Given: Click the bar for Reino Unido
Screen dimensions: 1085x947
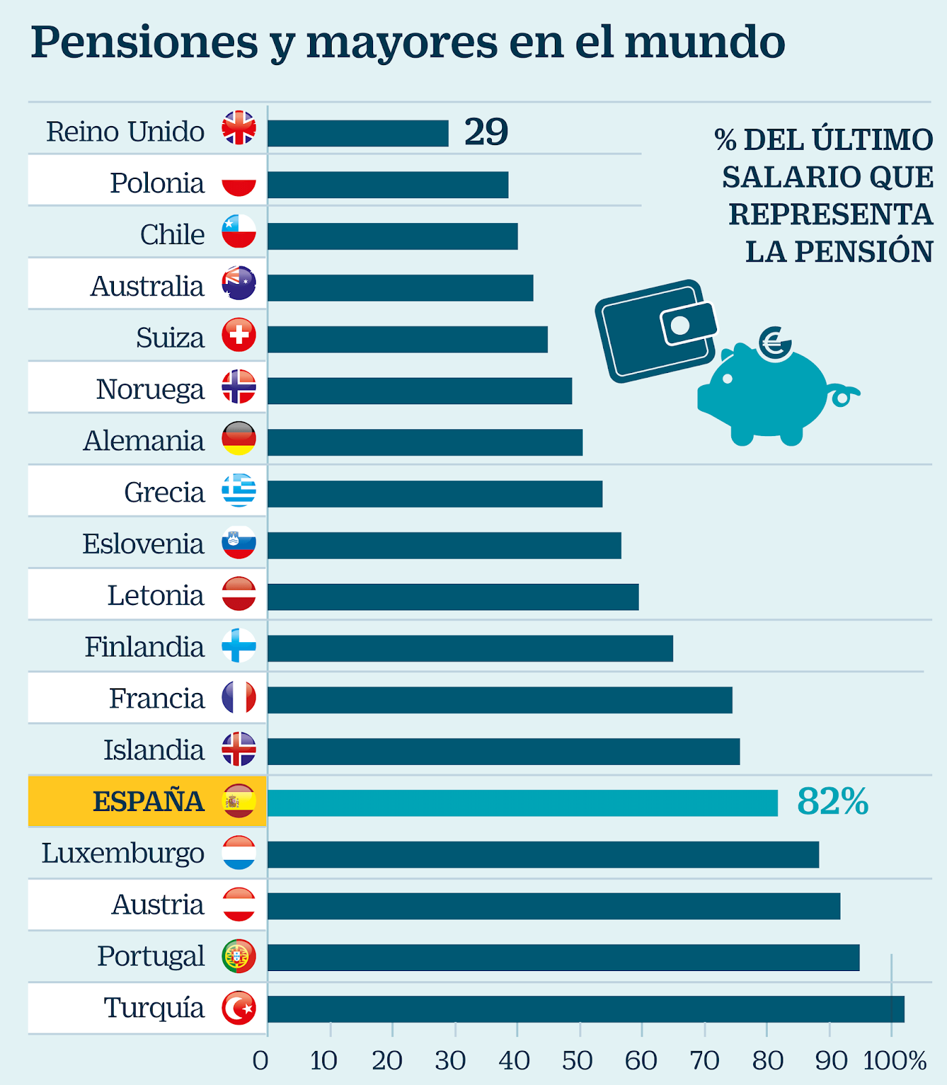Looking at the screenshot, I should (x=357, y=134).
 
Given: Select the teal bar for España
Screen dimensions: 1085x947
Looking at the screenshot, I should (x=522, y=803).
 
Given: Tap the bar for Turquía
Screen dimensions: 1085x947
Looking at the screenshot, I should (x=585, y=1009).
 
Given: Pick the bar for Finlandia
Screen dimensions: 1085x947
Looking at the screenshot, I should (x=470, y=648).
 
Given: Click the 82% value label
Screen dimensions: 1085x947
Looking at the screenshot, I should (x=832, y=802).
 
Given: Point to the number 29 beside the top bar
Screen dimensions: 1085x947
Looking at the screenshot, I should (x=486, y=132).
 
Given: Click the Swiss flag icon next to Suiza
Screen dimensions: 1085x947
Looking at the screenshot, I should (x=239, y=335).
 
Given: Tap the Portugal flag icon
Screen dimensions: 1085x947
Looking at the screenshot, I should (x=239, y=956).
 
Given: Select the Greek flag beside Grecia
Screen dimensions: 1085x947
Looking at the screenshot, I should (x=239, y=490).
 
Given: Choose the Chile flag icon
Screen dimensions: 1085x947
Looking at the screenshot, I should (x=239, y=232).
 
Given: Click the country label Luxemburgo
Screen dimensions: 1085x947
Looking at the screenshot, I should (x=123, y=853).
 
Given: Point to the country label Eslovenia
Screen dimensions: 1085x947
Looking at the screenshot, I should (x=143, y=544).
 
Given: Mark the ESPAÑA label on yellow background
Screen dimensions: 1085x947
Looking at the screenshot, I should (x=148, y=802).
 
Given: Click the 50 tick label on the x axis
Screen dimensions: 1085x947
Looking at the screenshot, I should (x=577, y=1061).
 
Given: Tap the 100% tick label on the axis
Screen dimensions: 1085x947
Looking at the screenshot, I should (x=895, y=1061).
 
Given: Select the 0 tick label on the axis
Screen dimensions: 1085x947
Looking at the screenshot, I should (x=260, y=1061).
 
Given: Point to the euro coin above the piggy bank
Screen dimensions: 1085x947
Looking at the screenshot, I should (x=775, y=343).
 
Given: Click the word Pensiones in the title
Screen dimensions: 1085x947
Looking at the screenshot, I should (x=144, y=42).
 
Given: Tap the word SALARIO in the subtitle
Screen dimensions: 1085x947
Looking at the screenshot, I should (x=790, y=178).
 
